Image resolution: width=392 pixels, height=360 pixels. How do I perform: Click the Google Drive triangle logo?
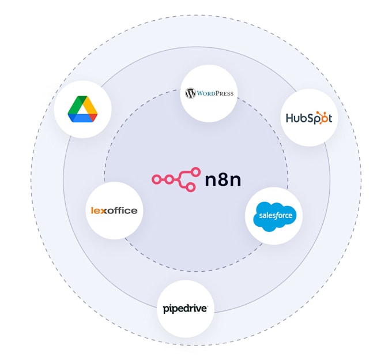[x=82, y=109]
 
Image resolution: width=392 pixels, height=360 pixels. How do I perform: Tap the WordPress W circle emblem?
[x=190, y=93]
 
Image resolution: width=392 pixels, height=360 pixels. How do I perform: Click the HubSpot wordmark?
[x=309, y=118]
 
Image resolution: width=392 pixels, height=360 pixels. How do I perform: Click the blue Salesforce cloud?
[x=274, y=216]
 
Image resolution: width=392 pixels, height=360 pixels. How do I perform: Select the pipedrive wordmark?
[x=185, y=309]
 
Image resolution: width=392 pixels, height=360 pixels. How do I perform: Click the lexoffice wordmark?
[x=114, y=211]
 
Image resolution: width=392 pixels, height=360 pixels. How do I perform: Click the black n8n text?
[x=223, y=180]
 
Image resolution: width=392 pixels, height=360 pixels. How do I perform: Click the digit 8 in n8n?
[x=223, y=180]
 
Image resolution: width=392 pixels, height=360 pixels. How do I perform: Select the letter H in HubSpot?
[x=291, y=118]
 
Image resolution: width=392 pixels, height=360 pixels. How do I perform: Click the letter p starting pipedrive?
[x=167, y=310]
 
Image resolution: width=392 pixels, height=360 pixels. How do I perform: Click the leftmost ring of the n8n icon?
[x=156, y=179]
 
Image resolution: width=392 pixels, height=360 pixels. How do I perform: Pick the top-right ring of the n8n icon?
[x=195, y=171]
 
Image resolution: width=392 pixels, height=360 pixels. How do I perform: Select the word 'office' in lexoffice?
[x=122, y=211]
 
